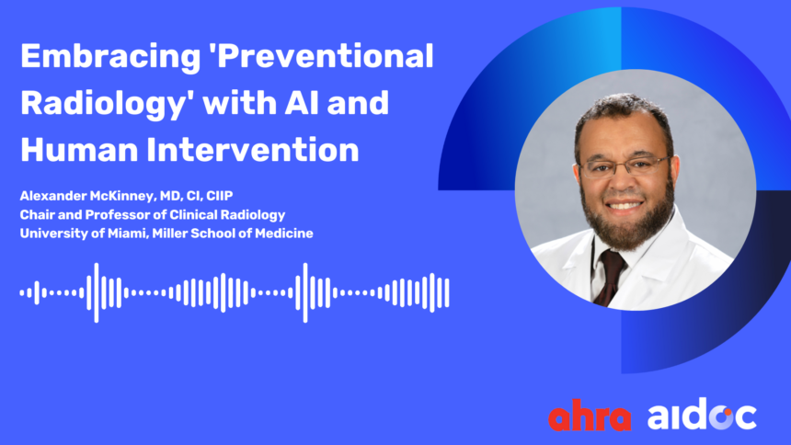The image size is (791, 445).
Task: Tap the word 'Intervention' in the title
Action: click(253, 150)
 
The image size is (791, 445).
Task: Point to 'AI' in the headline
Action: click(301, 102)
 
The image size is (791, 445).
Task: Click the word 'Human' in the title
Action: click(79, 150)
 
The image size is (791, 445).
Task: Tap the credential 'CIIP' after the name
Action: click(220, 196)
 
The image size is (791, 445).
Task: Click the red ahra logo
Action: click(590, 415)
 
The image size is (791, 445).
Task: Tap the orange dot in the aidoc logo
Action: click(727, 413)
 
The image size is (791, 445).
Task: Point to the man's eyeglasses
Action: click(625, 166)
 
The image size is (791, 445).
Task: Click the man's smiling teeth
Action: click(624, 205)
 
